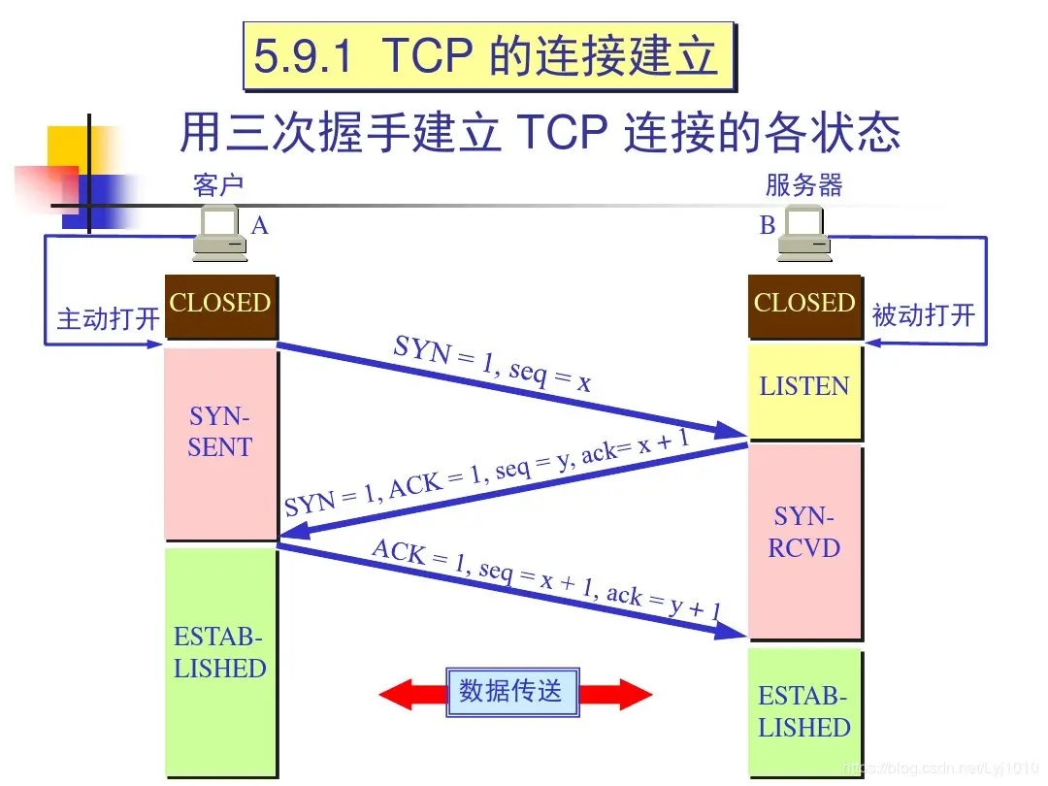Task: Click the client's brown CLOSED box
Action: click(x=219, y=304)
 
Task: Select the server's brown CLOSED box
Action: click(x=803, y=304)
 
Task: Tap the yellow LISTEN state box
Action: click(x=803, y=388)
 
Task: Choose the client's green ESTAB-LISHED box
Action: click(x=219, y=660)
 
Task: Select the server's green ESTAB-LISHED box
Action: click(x=803, y=712)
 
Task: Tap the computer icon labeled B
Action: click(x=805, y=236)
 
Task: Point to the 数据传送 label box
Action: click(x=511, y=692)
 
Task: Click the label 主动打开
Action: click(x=108, y=318)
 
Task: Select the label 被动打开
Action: click(x=923, y=315)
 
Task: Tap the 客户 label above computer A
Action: click(x=218, y=184)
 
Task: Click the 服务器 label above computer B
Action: click(x=804, y=184)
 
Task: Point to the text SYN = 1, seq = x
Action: click(x=492, y=364)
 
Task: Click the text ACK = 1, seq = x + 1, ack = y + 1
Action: click(x=546, y=579)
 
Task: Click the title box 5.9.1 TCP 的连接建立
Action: click(x=486, y=56)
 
